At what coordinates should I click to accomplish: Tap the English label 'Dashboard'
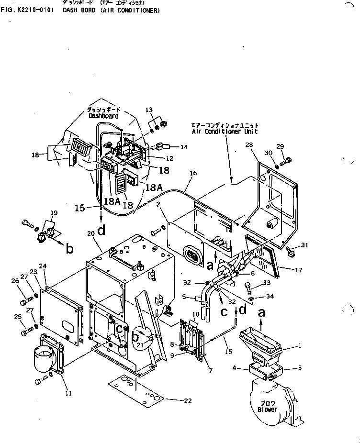click(103, 116)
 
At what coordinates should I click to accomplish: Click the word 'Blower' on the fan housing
click(267, 410)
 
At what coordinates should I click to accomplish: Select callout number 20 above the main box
click(91, 233)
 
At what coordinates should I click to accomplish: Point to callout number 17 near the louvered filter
click(298, 270)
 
